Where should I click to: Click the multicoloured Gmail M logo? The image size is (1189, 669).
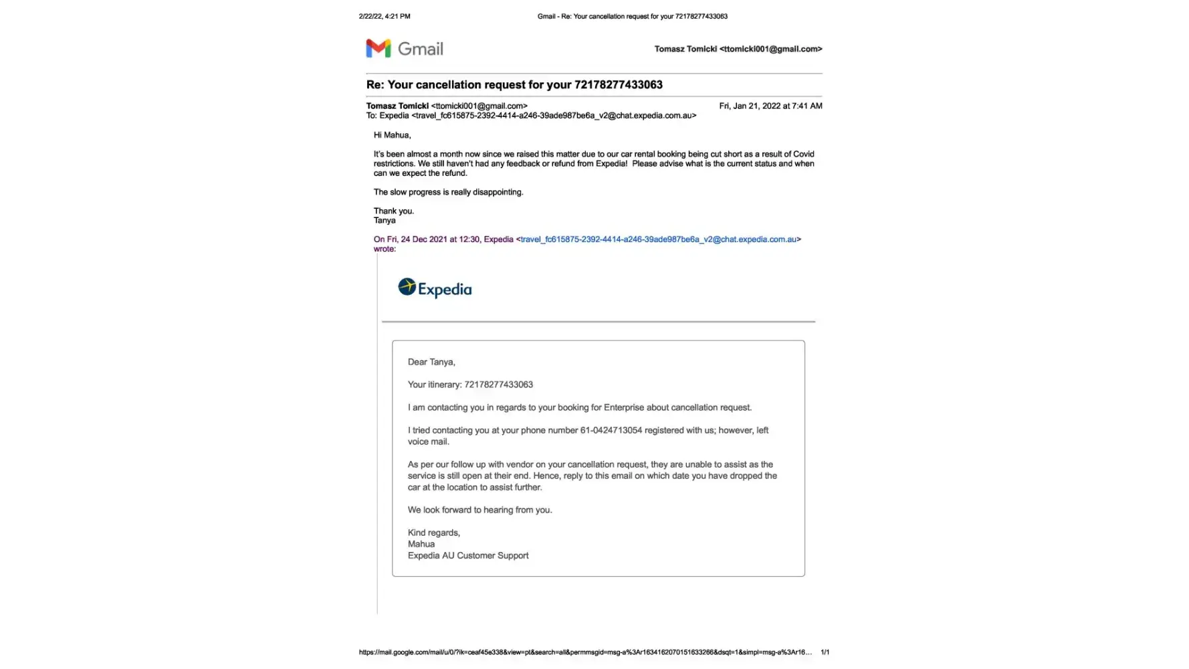click(x=378, y=48)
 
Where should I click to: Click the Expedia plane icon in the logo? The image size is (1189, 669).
click(x=407, y=287)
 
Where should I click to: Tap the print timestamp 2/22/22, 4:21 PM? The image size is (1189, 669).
click(x=385, y=16)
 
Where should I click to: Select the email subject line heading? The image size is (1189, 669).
click(x=514, y=85)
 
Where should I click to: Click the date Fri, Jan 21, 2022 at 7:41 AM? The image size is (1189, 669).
click(x=770, y=106)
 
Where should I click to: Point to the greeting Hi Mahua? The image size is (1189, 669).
click(x=392, y=135)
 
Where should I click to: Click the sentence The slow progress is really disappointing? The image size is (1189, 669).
click(x=448, y=192)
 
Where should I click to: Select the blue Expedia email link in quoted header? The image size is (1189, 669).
click(x=658, y=240)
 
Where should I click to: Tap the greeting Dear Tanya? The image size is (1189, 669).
click(x=431, y=362)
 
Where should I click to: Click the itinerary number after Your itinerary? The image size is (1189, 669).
click(x=498, y=385)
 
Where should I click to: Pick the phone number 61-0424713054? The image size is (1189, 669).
click(x=611, y=430)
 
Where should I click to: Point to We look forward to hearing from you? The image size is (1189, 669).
click(x=479, y=510)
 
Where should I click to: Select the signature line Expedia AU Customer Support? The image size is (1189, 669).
click(x=468, y=555)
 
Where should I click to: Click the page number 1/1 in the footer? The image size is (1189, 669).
click(x=825, y=652)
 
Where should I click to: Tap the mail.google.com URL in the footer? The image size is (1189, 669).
click(x=585, y=652)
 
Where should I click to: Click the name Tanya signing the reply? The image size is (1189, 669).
click(x=385, y=221)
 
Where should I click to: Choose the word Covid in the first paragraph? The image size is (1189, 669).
click(x=803, y=154)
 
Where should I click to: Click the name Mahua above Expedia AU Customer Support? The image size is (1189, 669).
click(x=421, y=544)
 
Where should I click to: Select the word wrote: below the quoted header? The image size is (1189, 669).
click(x=385, y=249)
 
